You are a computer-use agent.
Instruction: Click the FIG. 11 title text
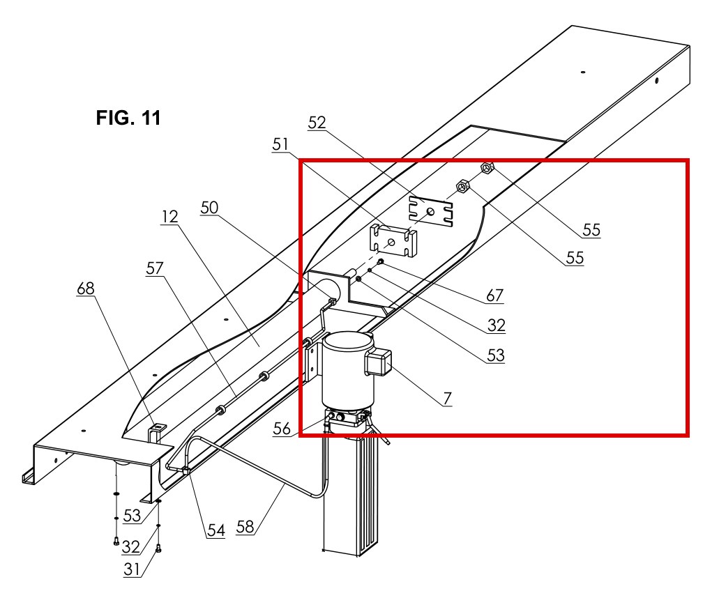click(128, 118)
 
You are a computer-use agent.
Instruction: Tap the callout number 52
click(317, 123)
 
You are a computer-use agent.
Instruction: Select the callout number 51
click(280, 144)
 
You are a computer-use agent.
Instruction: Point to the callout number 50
click(209, 208)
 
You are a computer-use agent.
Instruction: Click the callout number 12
click(169, 216)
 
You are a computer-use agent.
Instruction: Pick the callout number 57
click(155, 268)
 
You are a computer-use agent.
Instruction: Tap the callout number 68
click(86, 288)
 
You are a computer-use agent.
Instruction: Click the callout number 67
click(494, 295)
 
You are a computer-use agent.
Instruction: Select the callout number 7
click(447, 398)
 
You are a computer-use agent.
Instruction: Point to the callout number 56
click(282, 429)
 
